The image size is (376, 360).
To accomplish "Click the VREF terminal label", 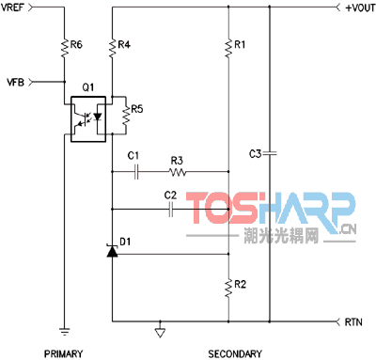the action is click(12, 7).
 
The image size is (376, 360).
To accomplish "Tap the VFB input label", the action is click(15, 83).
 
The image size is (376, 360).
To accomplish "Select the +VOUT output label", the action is click(360, 8).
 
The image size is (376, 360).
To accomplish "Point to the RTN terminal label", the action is click(353, 321).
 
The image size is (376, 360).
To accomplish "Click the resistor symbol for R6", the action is click(64, 48).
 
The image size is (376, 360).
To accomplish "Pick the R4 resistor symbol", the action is click(112, 48).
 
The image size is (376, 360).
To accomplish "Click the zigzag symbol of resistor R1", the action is click(228, 48).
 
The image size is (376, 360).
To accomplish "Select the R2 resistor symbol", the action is click(228, 288).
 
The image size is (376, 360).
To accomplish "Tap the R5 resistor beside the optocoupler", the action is click(126, 116).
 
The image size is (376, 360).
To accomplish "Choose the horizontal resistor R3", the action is click(178, 172).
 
